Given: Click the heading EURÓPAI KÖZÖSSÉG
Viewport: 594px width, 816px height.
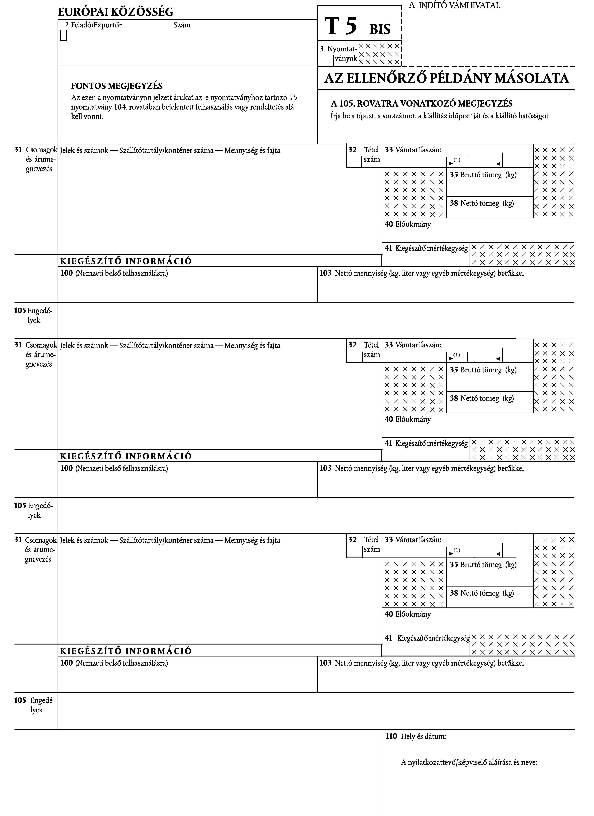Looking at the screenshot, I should [x=116, y=12].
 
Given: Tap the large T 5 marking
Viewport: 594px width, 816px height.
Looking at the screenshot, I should [x=341, y=27].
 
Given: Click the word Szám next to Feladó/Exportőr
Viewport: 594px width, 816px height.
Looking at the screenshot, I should [x=182, y=25].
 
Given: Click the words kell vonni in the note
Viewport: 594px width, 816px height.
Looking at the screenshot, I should [x=87, y=117].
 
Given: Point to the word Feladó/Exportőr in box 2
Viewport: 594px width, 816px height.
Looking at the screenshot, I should [x=96, y=25].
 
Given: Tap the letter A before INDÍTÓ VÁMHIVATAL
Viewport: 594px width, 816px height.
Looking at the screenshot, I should [x=412, y=5].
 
